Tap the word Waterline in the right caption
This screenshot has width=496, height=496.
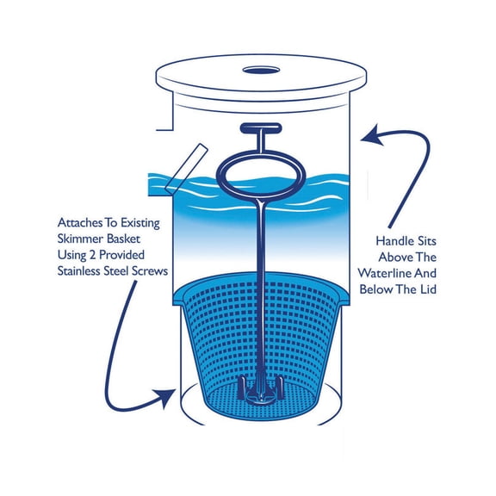409,273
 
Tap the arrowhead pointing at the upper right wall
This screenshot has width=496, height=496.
369,134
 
